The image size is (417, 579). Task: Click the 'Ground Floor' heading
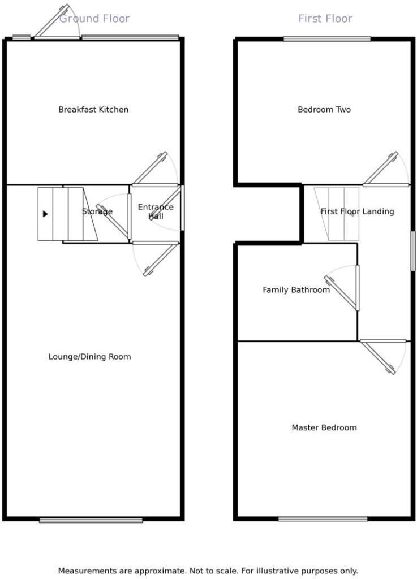click(x=94, y=19)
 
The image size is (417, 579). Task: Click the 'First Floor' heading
click(x=325, y=19)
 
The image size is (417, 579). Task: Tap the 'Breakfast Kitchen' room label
click(x=93, y=109)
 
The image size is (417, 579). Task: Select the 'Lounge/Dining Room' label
click(x=89, y=357)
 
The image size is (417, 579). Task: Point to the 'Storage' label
click(x=97, y=211)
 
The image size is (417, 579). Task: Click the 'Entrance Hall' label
click(x=156, y=211)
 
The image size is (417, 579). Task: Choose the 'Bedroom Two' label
click(x=324, y=109)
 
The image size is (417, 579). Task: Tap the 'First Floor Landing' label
click(x=357, y=211)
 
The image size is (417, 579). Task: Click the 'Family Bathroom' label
click(x=296, y=290)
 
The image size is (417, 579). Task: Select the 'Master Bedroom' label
click(x=324, y=427)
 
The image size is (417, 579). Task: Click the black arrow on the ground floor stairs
click(x=45, y=214)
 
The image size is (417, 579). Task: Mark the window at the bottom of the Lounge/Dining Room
click(x=91, y=520)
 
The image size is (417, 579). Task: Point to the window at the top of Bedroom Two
click(x=327, y=39)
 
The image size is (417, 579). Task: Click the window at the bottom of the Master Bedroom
click(x=323, y=518)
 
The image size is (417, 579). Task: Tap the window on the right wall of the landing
click(x=413, y=250)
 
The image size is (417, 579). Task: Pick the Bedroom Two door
click(x=381, y=169)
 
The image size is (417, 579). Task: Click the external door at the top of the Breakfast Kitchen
click(x=52, y=22)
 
